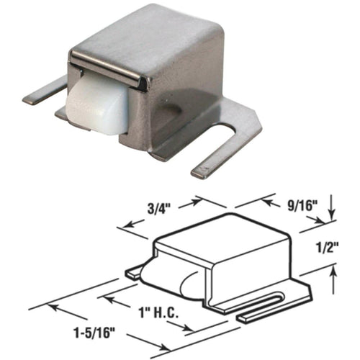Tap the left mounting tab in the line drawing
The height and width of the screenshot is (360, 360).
(135, 273)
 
